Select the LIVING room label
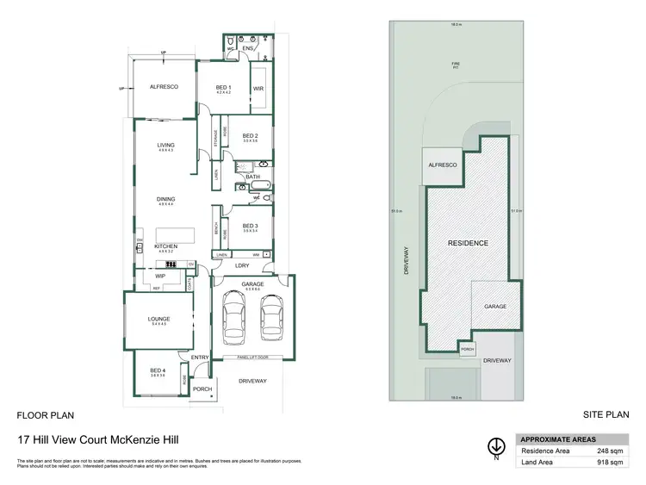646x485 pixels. click(x=166, y=145)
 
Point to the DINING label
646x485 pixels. click(x=166, y=200)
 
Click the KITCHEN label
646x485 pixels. click(x=166, y=246)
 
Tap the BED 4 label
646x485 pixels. click(x=157, y=369)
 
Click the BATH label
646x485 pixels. click(x=252, y=177)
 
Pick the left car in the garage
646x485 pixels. click(x=233, y=317)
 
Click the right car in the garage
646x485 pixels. click(x=271, y=317)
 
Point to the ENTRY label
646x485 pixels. click(x=201, y=356)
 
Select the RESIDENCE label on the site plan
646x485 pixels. click(x=468, y=243)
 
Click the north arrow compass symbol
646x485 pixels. click(x=497, y=445)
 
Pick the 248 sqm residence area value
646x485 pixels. click(x=609, y=449)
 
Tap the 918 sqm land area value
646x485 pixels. click(x=609, y=462)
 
